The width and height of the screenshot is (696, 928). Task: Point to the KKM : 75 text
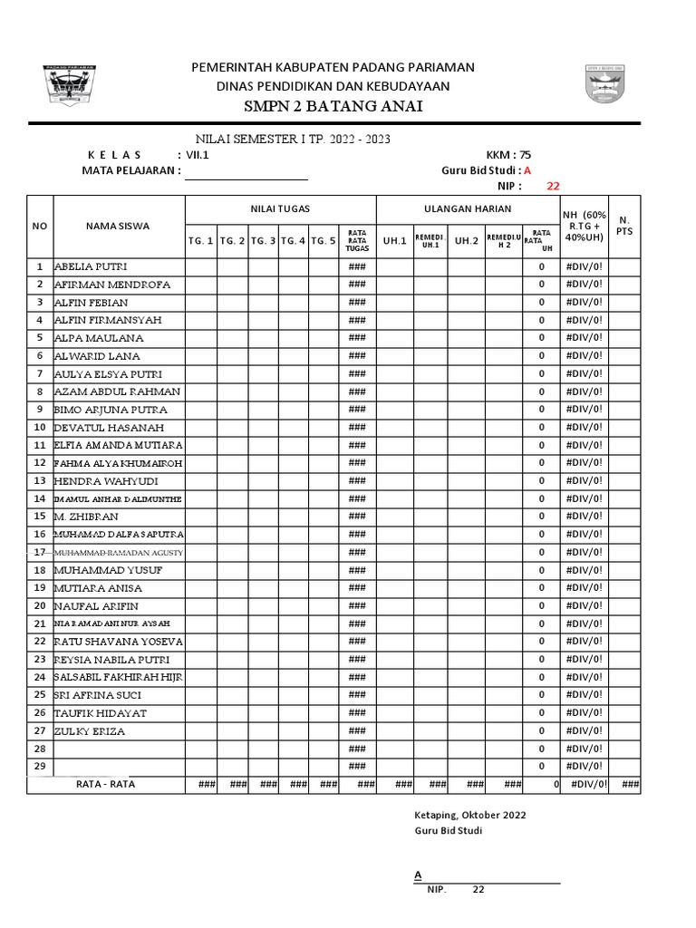pos(508,154)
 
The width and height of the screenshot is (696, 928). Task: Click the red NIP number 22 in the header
pos(553,186)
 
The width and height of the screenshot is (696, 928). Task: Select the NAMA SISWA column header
pos(119,226)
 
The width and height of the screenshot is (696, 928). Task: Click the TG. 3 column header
pos(263,240)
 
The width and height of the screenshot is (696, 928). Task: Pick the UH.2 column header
pos(466,240)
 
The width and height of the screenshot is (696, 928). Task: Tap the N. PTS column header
pos(623,226)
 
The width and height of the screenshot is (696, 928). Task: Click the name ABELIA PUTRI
pos(91,266)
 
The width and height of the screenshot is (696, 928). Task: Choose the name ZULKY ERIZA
pos(90,730)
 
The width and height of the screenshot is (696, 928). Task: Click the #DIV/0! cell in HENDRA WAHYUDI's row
pos(584,480)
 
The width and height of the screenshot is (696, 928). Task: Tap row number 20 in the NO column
pos(40,605)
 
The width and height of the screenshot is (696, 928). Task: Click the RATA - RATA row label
pos(106,784)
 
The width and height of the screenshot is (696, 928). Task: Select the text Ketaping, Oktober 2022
pos(469,814)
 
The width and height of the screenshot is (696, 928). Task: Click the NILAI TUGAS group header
pos(280,208)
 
